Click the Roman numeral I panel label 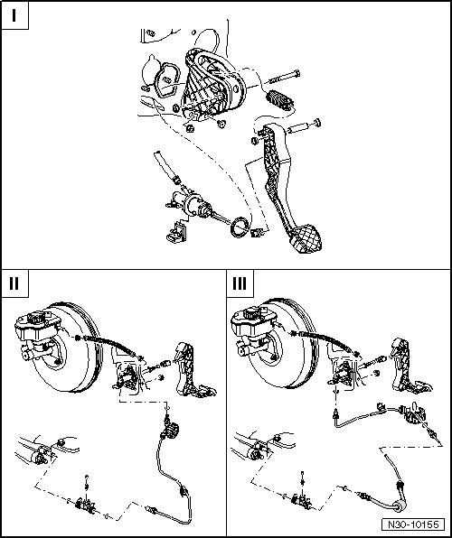[x=14, y=15]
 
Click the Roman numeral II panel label [x=14, y=283]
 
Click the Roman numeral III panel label [x=240, y=283]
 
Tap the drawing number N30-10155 [x=413, y=524]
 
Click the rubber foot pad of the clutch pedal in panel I [x=306, y=239]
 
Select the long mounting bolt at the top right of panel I [x=283, y=78]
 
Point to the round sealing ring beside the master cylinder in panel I [x=240, y=227]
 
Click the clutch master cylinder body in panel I [x=192, y=205]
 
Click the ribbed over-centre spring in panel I [x=279, y=100]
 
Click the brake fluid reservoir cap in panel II [x=36, y=317]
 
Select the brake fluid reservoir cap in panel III [x=252, y=313]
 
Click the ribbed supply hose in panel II [x=109, y=347]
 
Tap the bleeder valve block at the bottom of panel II [x=85, y=505]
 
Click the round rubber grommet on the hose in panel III [x=399, y=506]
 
